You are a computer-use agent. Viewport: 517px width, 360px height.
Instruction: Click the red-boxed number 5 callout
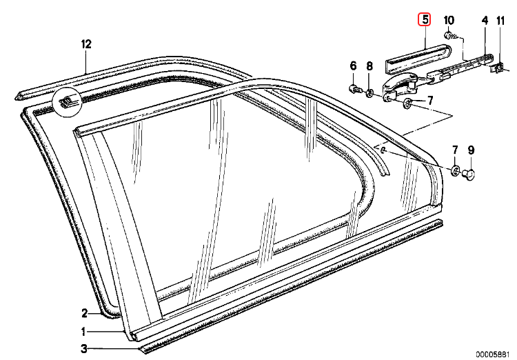(x=425, y=21)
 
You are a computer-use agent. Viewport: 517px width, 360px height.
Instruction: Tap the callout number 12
(x=85, y=44)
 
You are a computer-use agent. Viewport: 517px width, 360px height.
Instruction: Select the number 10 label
(x=449, y=21)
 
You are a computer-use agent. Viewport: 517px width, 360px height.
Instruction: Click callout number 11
(x=500, y=21)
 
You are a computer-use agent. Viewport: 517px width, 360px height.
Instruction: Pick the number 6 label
(x=353, y=66)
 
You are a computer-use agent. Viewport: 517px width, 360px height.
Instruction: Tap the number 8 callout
(x=369, y=66)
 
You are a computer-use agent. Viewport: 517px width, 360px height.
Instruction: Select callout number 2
(x=85, y=312)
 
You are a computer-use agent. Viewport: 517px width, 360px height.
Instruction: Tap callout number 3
(x=84, y=349)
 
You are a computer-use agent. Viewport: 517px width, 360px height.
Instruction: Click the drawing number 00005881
(x=494, y=352)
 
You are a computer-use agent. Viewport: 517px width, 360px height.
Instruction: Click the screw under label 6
(x=354, y=89)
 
